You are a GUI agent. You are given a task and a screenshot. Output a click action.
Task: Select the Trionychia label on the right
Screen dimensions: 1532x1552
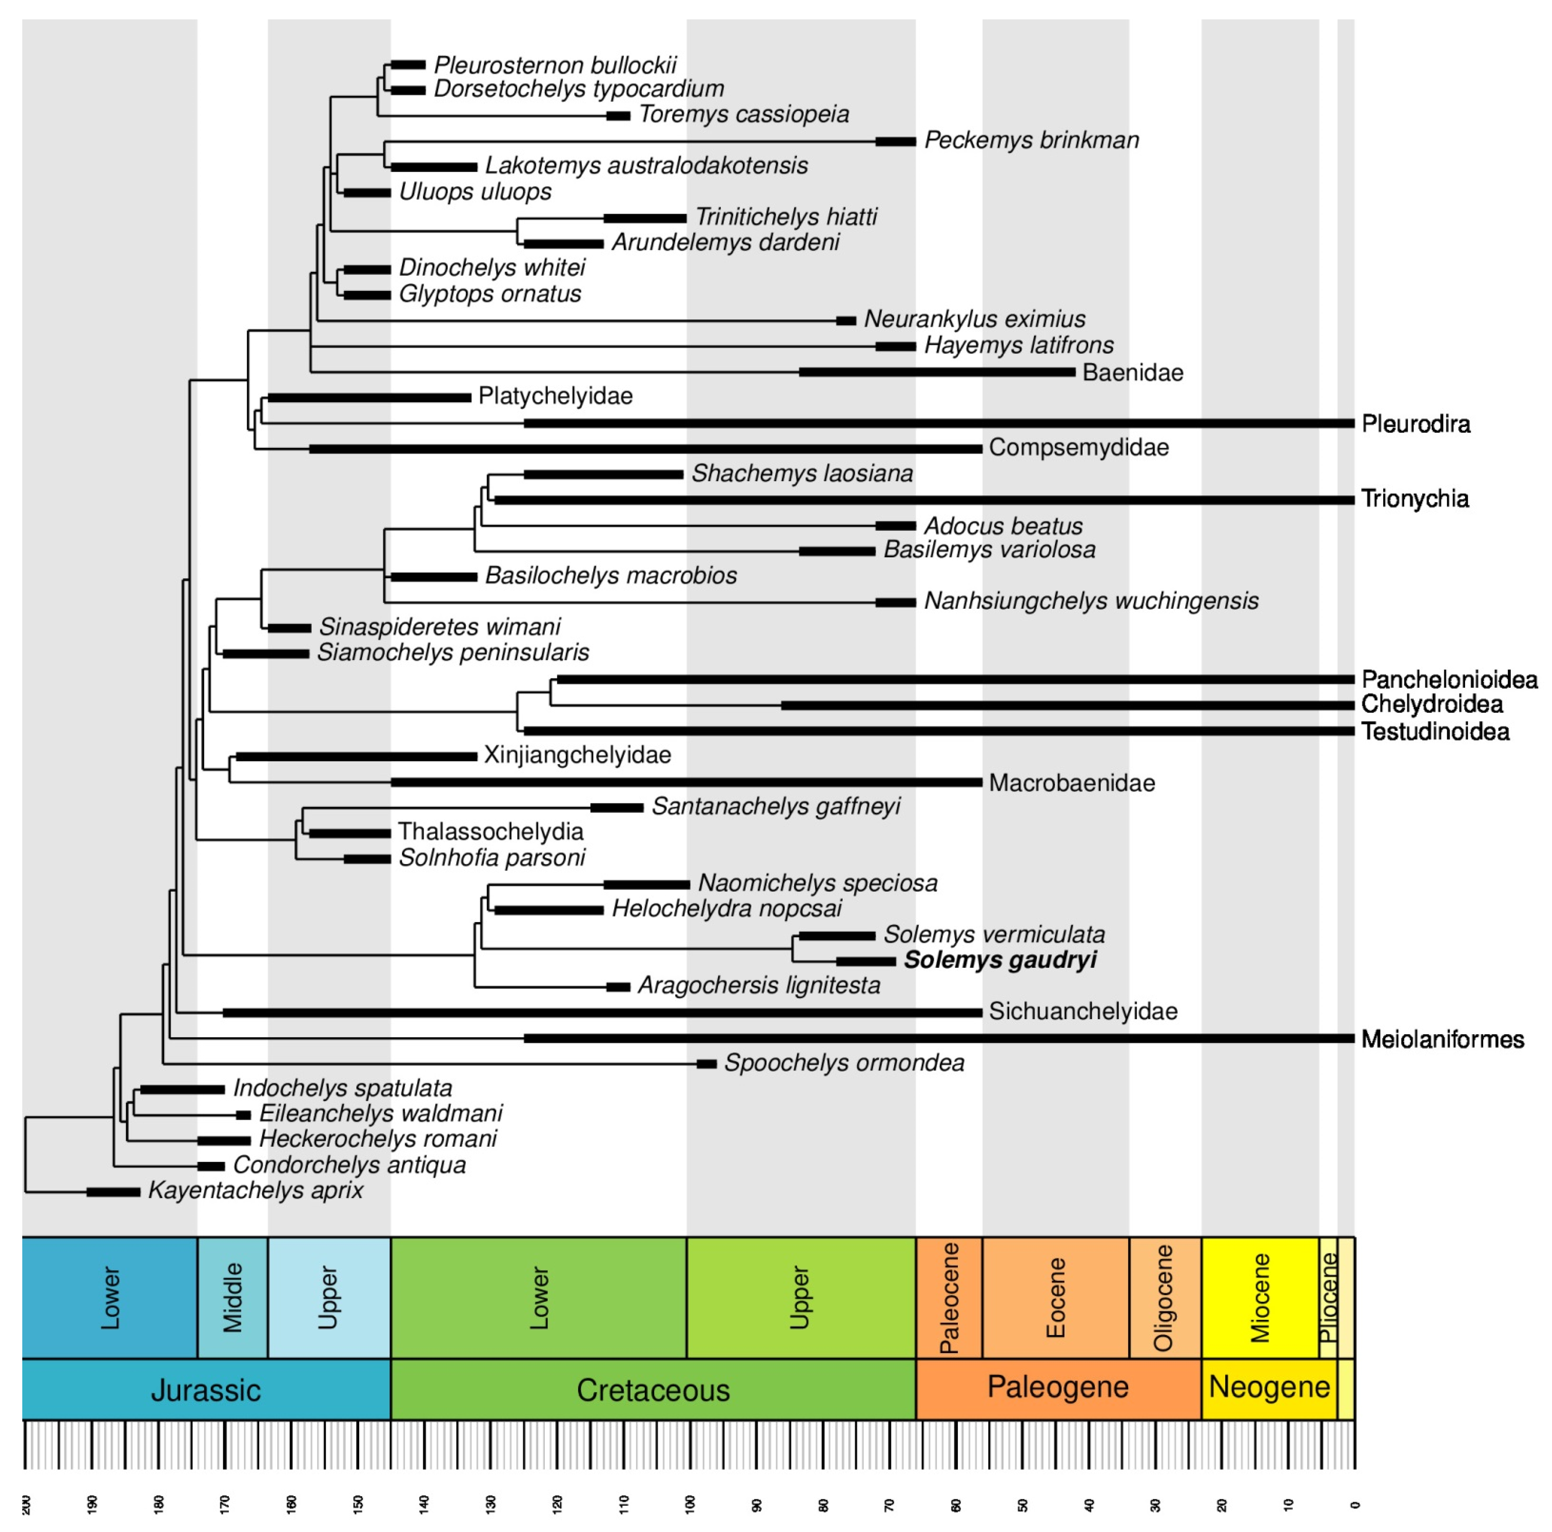1415,499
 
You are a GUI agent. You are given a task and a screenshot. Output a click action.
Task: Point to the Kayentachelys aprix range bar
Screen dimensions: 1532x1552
113,1192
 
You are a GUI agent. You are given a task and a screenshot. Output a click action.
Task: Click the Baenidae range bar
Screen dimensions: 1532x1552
937,372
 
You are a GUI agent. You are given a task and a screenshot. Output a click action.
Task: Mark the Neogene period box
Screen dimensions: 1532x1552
1269,1387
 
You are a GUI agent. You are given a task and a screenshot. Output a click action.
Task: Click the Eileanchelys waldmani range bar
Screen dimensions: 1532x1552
244,1115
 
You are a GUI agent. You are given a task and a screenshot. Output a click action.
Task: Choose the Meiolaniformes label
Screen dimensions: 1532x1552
1442,1040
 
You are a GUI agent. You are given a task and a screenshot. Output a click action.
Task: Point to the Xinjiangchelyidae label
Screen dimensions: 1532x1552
577,755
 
